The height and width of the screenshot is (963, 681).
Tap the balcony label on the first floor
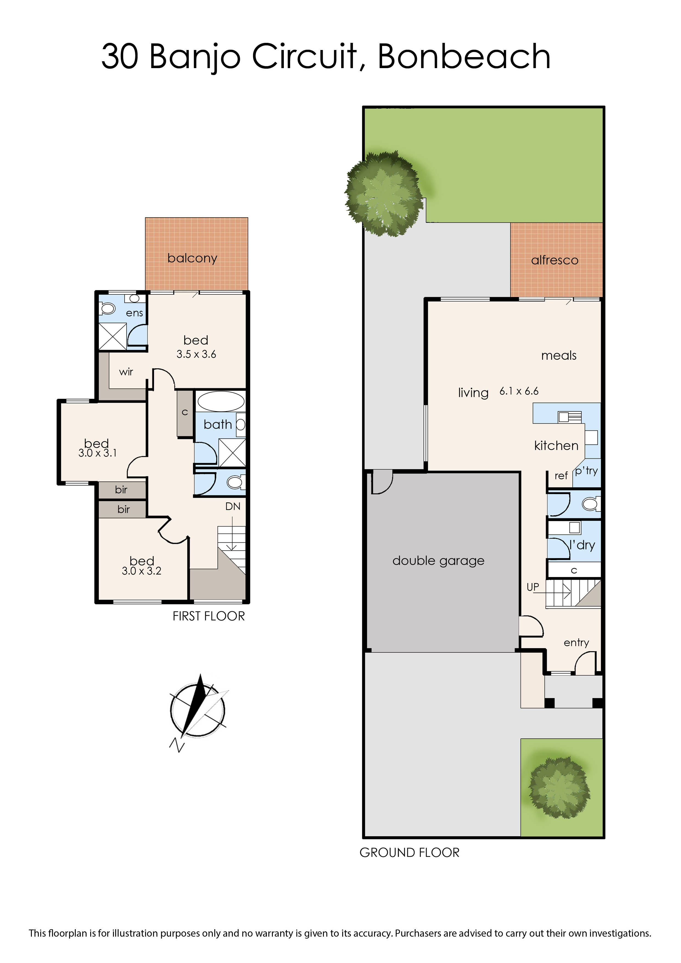pyautogui.click(x=192, y=258)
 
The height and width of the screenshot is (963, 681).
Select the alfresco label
pyautogui.click(x=554, y=260)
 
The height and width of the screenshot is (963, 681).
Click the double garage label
pyautogui.click(x=438, y=561)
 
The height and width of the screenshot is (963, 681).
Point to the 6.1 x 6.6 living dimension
pyautogui.click(x=519, y=391)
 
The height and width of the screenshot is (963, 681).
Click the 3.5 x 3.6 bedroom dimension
pyautogui.click(x=196, y=354)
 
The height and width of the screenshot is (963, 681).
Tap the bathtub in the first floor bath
pyautogui.click(x=221, y=402)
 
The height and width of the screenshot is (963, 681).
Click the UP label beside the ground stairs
pyautogui.click(x=533, y=587)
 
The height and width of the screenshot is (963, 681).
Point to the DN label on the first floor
pyautogui.click(x=233, y=506)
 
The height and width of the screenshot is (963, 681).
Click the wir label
pyautogui.click(x=126, y=372)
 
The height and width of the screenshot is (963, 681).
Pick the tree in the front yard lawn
pyautogui.click(x=559, y=787)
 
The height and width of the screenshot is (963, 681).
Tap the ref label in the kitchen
pyautogui.click(x=561, y=476)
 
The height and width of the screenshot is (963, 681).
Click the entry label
pyautogui.click(x=576, y=642)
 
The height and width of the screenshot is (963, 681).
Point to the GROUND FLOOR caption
pyautogui.click(x=409, y=853)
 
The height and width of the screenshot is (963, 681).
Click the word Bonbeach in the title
pyautogui.click(x=464, y=56)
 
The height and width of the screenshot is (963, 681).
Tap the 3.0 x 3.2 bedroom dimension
pyautogui.click(x=141, y=571)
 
